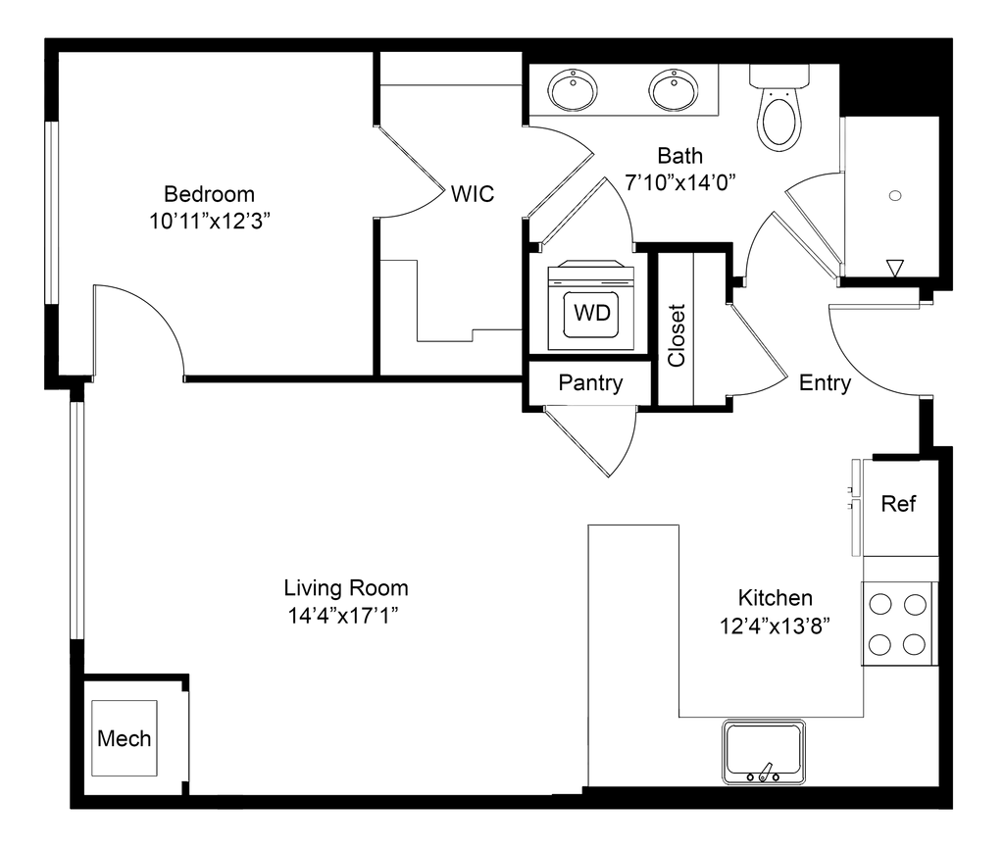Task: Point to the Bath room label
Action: tap(679, 156)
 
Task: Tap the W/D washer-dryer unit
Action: tap(591, 314)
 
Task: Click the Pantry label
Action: tap(590, 383)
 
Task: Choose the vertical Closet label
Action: tap(677, 333)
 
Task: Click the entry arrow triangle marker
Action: tap(894, 266)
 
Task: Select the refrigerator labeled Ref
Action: tap(900, 506)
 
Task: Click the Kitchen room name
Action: tap(775, 597)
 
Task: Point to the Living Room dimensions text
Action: tap(345, 616)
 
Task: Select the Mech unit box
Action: tap(125, 738)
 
